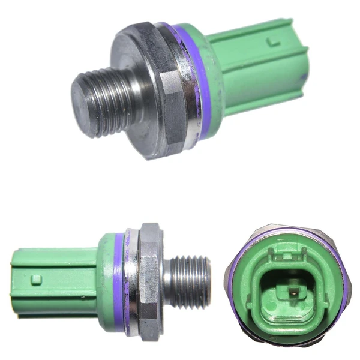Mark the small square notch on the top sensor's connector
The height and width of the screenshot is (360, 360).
click(x=274, y=42)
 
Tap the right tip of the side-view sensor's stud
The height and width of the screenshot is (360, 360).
click(x=208, y=280)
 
